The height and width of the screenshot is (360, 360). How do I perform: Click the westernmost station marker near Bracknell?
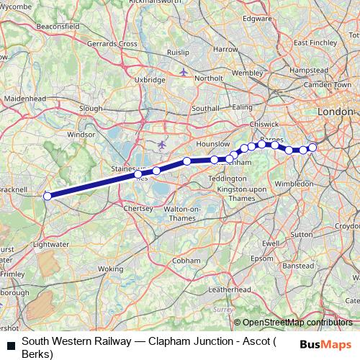(x=48, y=196)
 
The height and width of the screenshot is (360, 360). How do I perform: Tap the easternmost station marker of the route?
(x=312, y=148)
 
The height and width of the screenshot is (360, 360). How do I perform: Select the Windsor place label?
(x=81, y=135)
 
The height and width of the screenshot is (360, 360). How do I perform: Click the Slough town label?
(x=91, y=108)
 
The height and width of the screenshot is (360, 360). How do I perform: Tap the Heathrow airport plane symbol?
(x=161, y=145)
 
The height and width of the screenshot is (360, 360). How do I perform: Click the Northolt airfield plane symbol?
(x=184, y=72)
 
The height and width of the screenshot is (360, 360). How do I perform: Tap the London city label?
(x=336, y=112)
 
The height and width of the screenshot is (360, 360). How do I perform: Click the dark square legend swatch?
(x=10, y=345)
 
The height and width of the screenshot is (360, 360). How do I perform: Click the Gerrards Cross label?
(x=112, y=44)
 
